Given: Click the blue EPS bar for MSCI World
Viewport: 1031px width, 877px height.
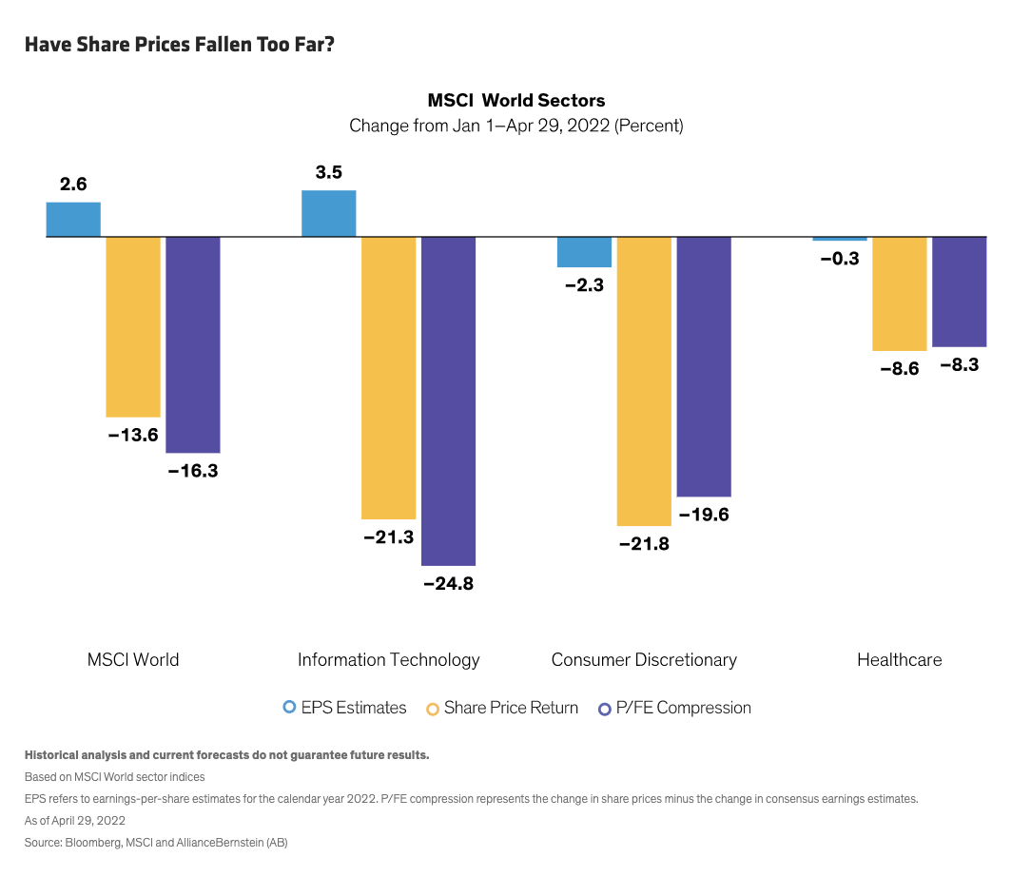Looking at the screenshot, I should tap(73, 219).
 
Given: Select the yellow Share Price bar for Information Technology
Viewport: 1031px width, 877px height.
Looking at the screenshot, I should tap(389, 377).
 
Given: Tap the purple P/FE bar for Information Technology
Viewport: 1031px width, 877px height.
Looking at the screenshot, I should tap(448, 400).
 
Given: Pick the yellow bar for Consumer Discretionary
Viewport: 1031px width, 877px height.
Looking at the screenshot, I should tap(644, 380).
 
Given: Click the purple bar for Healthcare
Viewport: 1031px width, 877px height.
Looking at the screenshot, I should tap(959, 291).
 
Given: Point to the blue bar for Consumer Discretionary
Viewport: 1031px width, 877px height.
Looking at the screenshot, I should tap(584, 252).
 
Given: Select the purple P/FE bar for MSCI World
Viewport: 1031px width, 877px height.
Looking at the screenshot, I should tap(193, 344).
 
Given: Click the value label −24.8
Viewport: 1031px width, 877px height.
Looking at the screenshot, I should tap(448, 584).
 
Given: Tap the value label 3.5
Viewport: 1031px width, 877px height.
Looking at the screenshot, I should tap(328, 172).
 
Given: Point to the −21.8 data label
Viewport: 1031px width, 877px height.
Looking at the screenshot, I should tap(643, 544).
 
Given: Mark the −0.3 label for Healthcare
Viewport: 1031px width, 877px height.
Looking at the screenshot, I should tap(840, 258).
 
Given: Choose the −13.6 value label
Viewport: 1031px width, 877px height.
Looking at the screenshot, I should tap(132, 436).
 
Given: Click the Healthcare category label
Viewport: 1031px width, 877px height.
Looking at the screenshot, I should tap(899, 659).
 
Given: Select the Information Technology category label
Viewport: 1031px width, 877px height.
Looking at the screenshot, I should tap(388, 659).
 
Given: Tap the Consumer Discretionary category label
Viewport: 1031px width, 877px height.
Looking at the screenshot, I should tap(644, 659).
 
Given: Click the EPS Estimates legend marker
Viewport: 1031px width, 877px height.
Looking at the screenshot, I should tap(290, 708).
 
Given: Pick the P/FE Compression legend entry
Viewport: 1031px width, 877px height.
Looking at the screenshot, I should tap(674, 708).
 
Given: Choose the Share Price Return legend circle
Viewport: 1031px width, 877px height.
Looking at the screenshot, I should tap(433, 708).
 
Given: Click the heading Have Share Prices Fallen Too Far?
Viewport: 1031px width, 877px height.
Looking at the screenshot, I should tap(179, 45).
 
